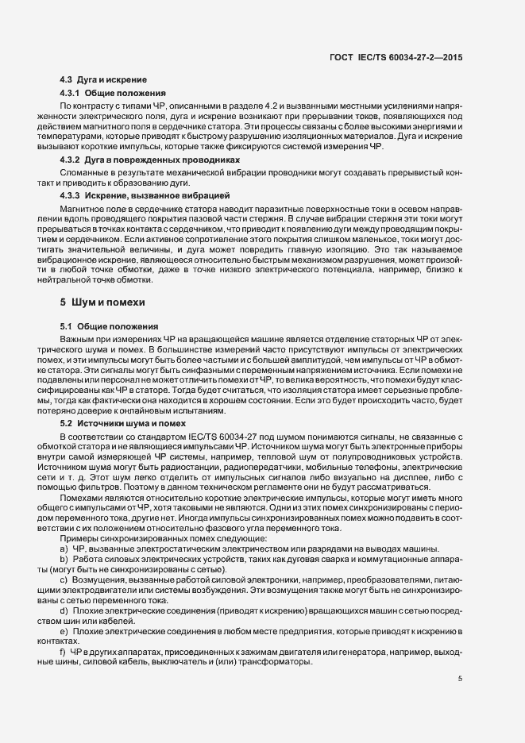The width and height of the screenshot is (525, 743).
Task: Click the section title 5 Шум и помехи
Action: click(x=101, y=302)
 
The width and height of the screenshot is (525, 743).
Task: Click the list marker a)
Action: click(x=64, y=549)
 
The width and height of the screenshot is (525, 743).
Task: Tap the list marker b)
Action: click(x=64, y=560)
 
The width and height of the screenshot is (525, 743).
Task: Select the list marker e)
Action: click(x=64, y=631)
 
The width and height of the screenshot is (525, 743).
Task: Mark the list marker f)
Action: click(x=63, y=652)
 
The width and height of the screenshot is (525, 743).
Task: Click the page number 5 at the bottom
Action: click(x=461, y=679)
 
